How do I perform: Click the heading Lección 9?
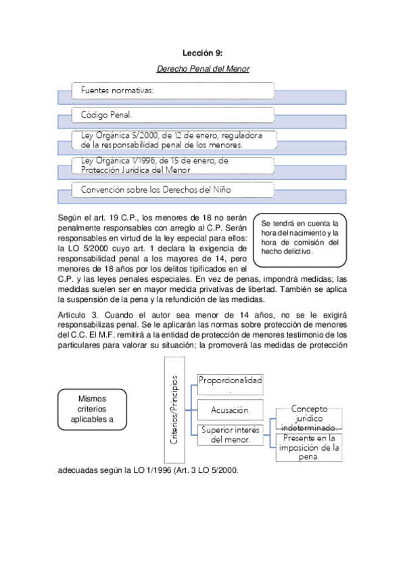203,53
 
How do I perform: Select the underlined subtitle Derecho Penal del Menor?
203,69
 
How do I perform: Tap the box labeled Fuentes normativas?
173,91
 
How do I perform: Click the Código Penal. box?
173,115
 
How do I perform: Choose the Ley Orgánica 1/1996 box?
173,166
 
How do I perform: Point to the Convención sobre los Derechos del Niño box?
173,190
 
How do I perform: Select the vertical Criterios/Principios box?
174,409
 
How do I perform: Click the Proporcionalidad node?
230,384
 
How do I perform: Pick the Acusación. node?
230,409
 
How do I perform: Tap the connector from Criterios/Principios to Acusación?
191,409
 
